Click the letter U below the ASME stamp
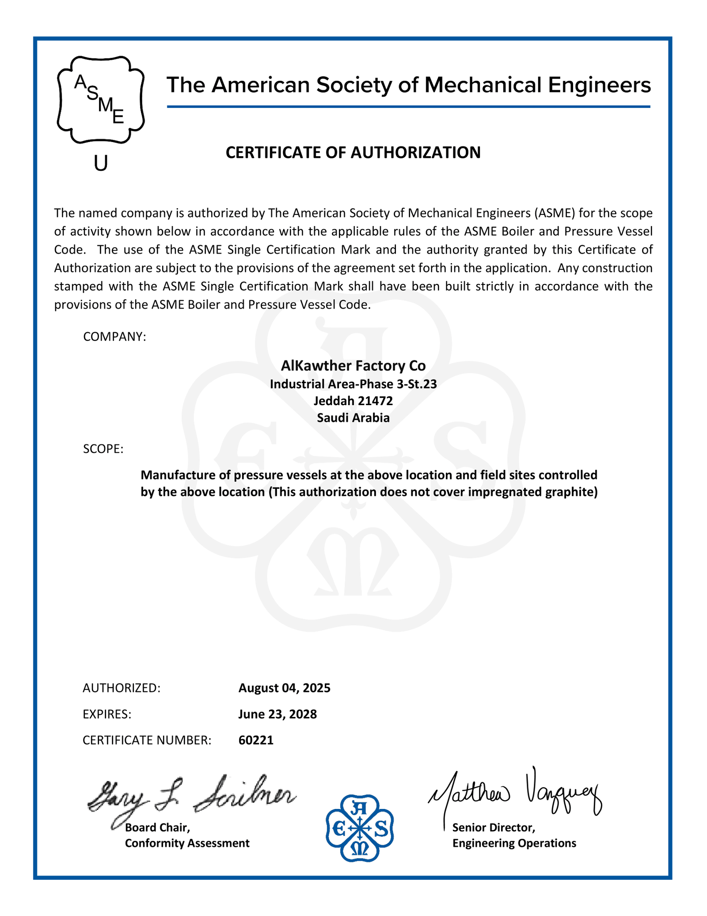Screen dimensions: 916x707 point(101,164)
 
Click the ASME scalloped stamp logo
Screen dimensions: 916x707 point(101,100)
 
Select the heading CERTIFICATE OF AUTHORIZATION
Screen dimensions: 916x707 point(353,153)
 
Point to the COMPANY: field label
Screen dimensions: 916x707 point(114,337)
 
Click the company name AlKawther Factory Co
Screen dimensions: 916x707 point(353,366)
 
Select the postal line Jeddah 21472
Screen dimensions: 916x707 point(353,401)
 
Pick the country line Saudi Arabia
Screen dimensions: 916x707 point(353,418)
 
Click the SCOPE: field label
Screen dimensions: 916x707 point(103,449)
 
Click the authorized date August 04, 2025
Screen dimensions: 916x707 point(284,688)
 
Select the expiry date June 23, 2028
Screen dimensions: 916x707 point(277,714)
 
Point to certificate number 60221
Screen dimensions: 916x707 point(256,740)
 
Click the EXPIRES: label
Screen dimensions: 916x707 point(107,714)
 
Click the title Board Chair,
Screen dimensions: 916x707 point(157,827)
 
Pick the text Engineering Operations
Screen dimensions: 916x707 point(514,843)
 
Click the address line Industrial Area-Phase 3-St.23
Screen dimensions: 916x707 point(353,383)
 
